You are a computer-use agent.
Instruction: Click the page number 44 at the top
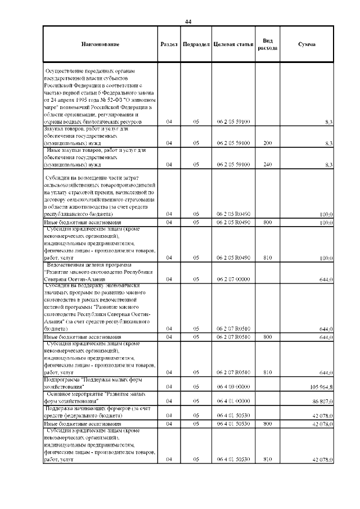(x=188, y=21)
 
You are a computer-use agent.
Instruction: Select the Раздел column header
(x=169, y=44)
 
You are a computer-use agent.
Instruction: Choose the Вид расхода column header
(x=267, y=44)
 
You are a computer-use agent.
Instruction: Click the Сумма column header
(x=307, y=44)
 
